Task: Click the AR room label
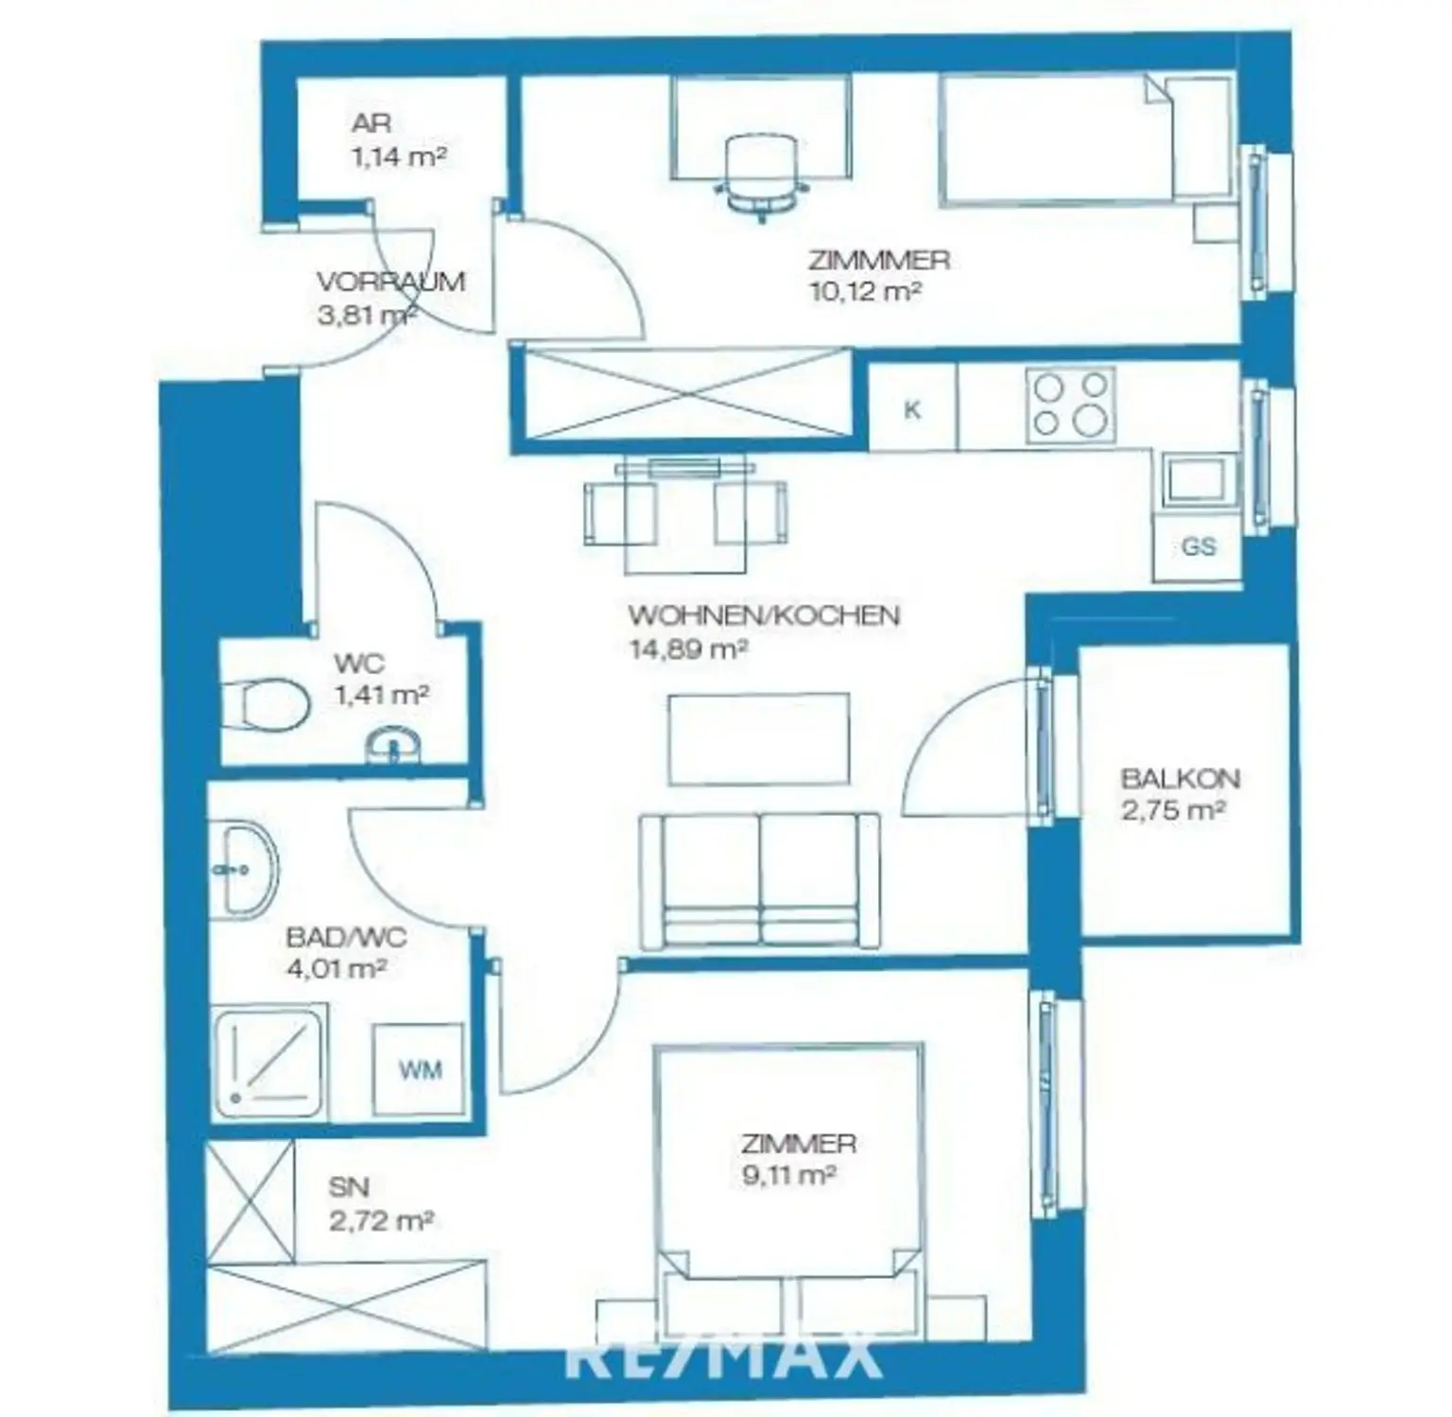pos(371,123)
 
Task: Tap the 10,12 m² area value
pos(865,291)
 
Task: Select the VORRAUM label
pos(390,282)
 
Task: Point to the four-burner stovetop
pos(1070,405)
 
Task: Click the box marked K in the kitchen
pos(912,409)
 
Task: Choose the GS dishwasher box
pos(1198,546)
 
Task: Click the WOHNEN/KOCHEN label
pos(764,615)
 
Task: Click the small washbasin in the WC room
pos(394,744)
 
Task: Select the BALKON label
pos(1180,779)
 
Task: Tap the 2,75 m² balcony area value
pos(1173,811)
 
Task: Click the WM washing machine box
pos(419,1069)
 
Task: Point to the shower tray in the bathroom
pos(268,1064)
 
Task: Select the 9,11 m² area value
pos(789,1177)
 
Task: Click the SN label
pos(349,1187)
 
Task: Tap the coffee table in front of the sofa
pos(758,739)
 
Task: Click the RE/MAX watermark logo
pos(724,1355)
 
